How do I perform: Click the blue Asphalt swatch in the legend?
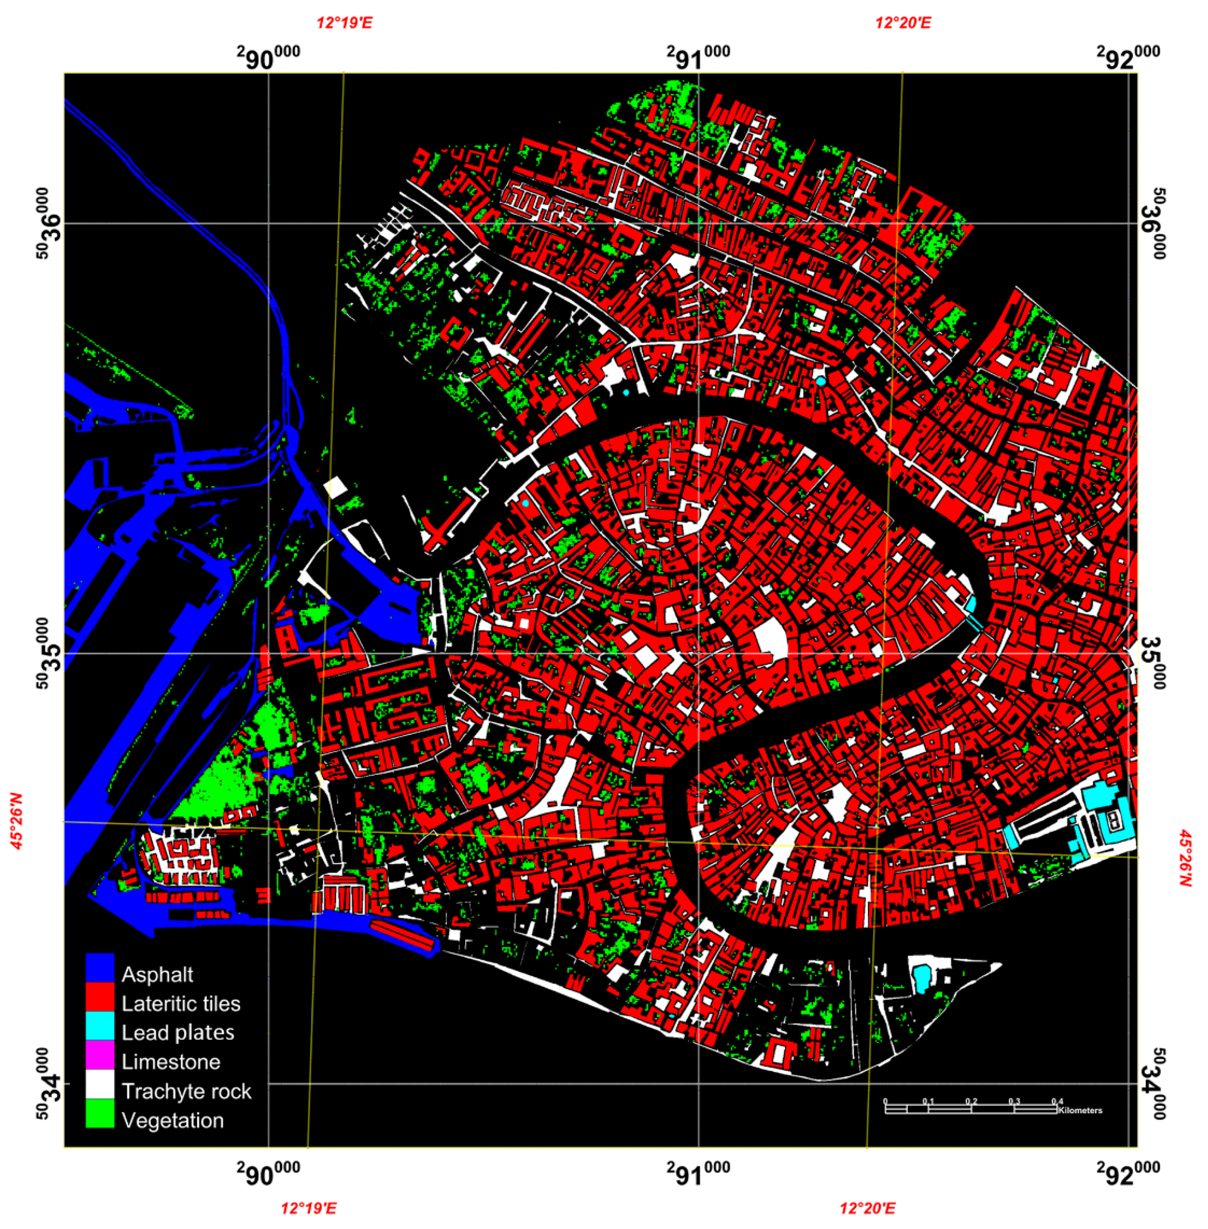(100, 974)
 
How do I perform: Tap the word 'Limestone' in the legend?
(171, 1062)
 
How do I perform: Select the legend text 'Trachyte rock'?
(186, 1091)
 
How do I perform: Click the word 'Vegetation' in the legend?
(173, 1120)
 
